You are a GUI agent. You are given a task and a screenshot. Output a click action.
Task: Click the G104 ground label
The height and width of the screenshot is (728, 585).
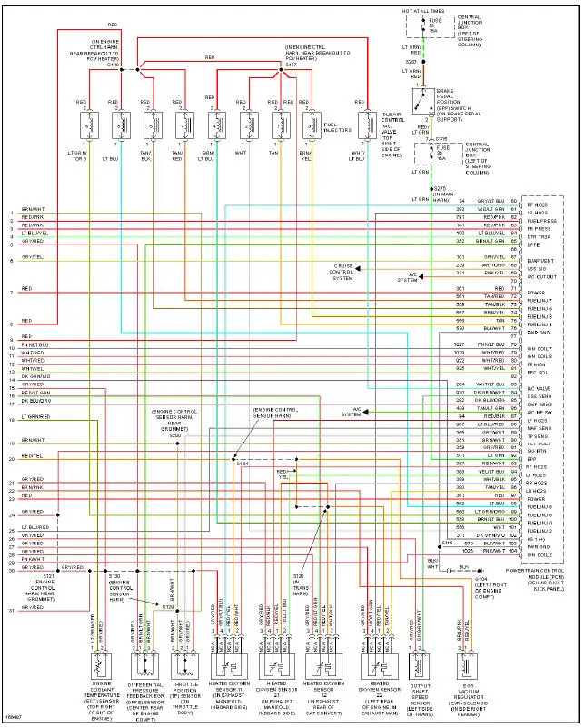click(x=481, y=578)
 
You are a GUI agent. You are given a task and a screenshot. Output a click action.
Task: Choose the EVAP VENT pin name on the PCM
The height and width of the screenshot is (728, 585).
click(x=540, y=261)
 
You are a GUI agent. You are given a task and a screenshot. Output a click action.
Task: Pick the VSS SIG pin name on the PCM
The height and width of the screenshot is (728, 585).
click(x=537, y=269)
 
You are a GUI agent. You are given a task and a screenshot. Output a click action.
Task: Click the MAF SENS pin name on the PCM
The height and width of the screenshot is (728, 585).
click(x=540, y=428)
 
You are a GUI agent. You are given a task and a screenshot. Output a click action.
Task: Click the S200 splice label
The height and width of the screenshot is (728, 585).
click(x=175, y=436)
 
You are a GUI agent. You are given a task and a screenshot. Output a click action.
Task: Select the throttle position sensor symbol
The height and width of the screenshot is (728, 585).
click(x=184, y=666)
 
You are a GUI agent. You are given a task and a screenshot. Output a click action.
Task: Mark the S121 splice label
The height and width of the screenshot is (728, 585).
click(x=47, y=576)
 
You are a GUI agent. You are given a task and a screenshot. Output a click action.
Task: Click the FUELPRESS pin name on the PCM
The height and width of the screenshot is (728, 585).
click(x=542, y=220)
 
